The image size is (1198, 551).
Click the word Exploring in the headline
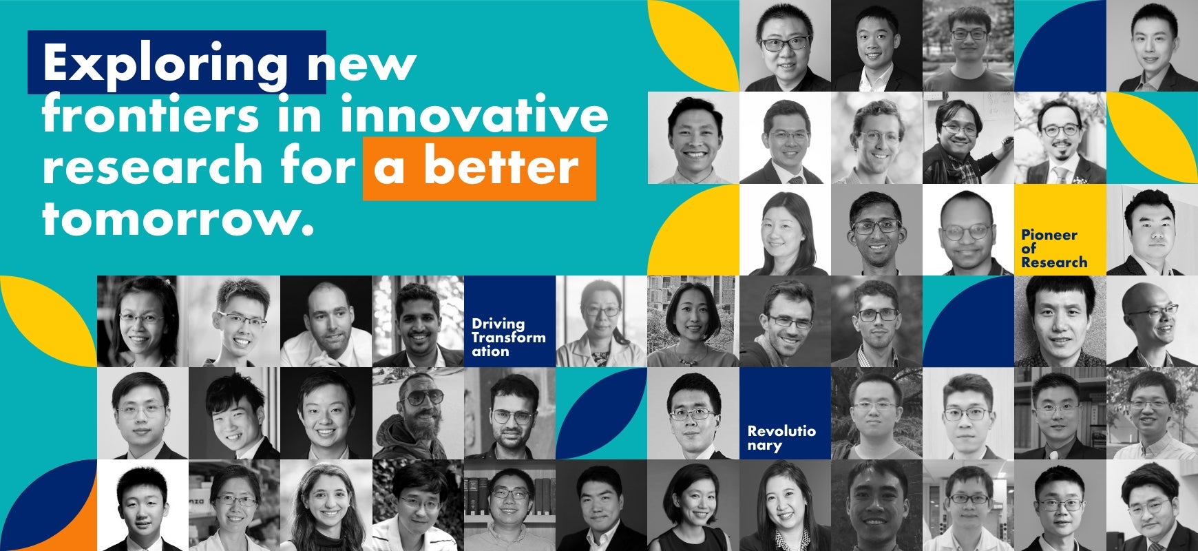point(165,64)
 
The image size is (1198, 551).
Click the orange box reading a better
point(479,168)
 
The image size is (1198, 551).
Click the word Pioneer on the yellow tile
point(1049,235)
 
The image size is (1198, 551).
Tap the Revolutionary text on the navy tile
point(781,438)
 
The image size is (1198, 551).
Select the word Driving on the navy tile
point(498,324)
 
